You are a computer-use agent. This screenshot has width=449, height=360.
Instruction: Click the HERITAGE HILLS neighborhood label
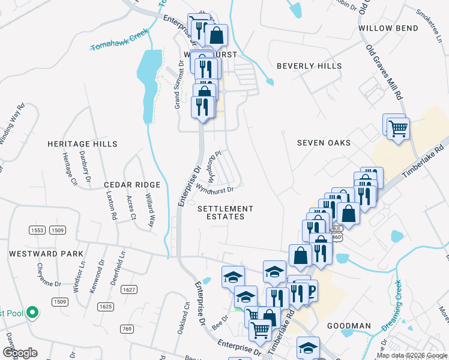click(82, 144)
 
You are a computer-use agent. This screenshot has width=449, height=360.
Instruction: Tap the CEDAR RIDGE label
click(132, 185)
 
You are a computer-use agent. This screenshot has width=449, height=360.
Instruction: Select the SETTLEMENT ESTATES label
click(226, 212)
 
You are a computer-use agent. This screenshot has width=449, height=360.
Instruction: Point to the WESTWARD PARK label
click(46, 254)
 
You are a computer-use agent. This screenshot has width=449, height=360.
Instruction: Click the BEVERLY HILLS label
click(309, 66)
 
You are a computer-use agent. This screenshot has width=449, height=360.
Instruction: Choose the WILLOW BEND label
click(388, 28)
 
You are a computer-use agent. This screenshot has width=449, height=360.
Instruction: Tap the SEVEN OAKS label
click(324, 143)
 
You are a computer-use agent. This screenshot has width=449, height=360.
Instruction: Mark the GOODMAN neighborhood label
click(349, 326)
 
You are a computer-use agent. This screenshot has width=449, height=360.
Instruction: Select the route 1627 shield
click(128, 290)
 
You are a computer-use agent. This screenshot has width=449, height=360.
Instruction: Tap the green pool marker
click(33, 313)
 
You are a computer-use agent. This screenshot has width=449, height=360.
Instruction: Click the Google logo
click(19, 353)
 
